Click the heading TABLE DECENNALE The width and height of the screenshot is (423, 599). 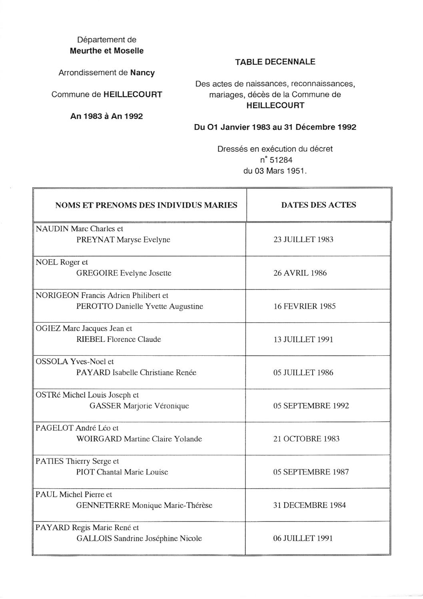(x=275, y=62)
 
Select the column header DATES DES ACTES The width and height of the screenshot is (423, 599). (x=318, y=205)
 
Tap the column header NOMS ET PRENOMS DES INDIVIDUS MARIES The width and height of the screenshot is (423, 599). (x=146, y=205)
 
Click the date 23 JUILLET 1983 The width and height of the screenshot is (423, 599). (x=303, y=240)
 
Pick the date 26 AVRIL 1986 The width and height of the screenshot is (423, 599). (x=300, y=273)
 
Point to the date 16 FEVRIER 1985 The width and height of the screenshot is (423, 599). (x=304, y=306)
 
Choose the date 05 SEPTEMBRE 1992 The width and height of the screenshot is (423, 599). (x=311, y=406)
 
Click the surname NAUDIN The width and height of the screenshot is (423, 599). (x=52, y=229)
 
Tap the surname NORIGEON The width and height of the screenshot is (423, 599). (x=57, y=296)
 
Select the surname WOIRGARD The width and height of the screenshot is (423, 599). (x=99, y=439)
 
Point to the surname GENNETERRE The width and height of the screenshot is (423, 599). (x=103, y=505)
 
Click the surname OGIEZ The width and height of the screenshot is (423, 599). (x=48, y=329)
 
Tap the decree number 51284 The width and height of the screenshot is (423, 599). (x=281, y=160)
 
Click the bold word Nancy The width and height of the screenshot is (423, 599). (x=142, y=73)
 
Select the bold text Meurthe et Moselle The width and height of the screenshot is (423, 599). (x=107, y=51)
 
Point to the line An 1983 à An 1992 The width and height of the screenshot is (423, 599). (x=107, y=116)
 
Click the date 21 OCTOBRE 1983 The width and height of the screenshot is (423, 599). (x=306, y=439)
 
